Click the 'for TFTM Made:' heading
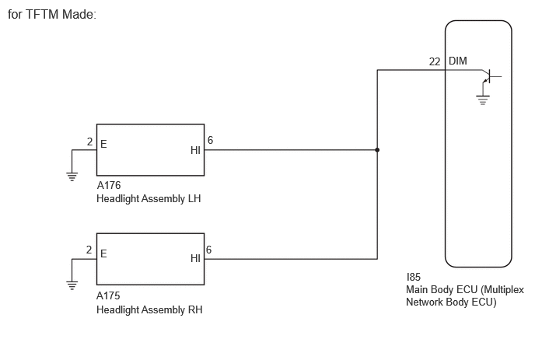coord(52,14)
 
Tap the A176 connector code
coord(109,185)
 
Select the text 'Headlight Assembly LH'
coord(149,198)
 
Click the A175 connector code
coord(108,295)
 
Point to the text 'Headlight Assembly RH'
coord(149,309)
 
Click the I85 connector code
coord(413,277)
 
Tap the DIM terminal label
coord(457,61)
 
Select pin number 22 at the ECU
coord(435,61)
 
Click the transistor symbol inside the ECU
coord(490,76)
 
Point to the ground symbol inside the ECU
coord(482,100)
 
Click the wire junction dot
coord(377,150)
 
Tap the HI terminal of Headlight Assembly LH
coord(195,150)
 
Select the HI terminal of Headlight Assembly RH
coord(195,258)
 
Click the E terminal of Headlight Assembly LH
coord(103,144)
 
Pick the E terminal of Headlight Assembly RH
coord(103,253)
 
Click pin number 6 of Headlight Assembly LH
coord(210,140)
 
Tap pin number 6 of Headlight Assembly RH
coord(209,250)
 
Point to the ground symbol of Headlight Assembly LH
coord(72,177)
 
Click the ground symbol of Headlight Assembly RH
coord(72,285)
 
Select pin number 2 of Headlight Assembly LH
coord(89,142)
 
